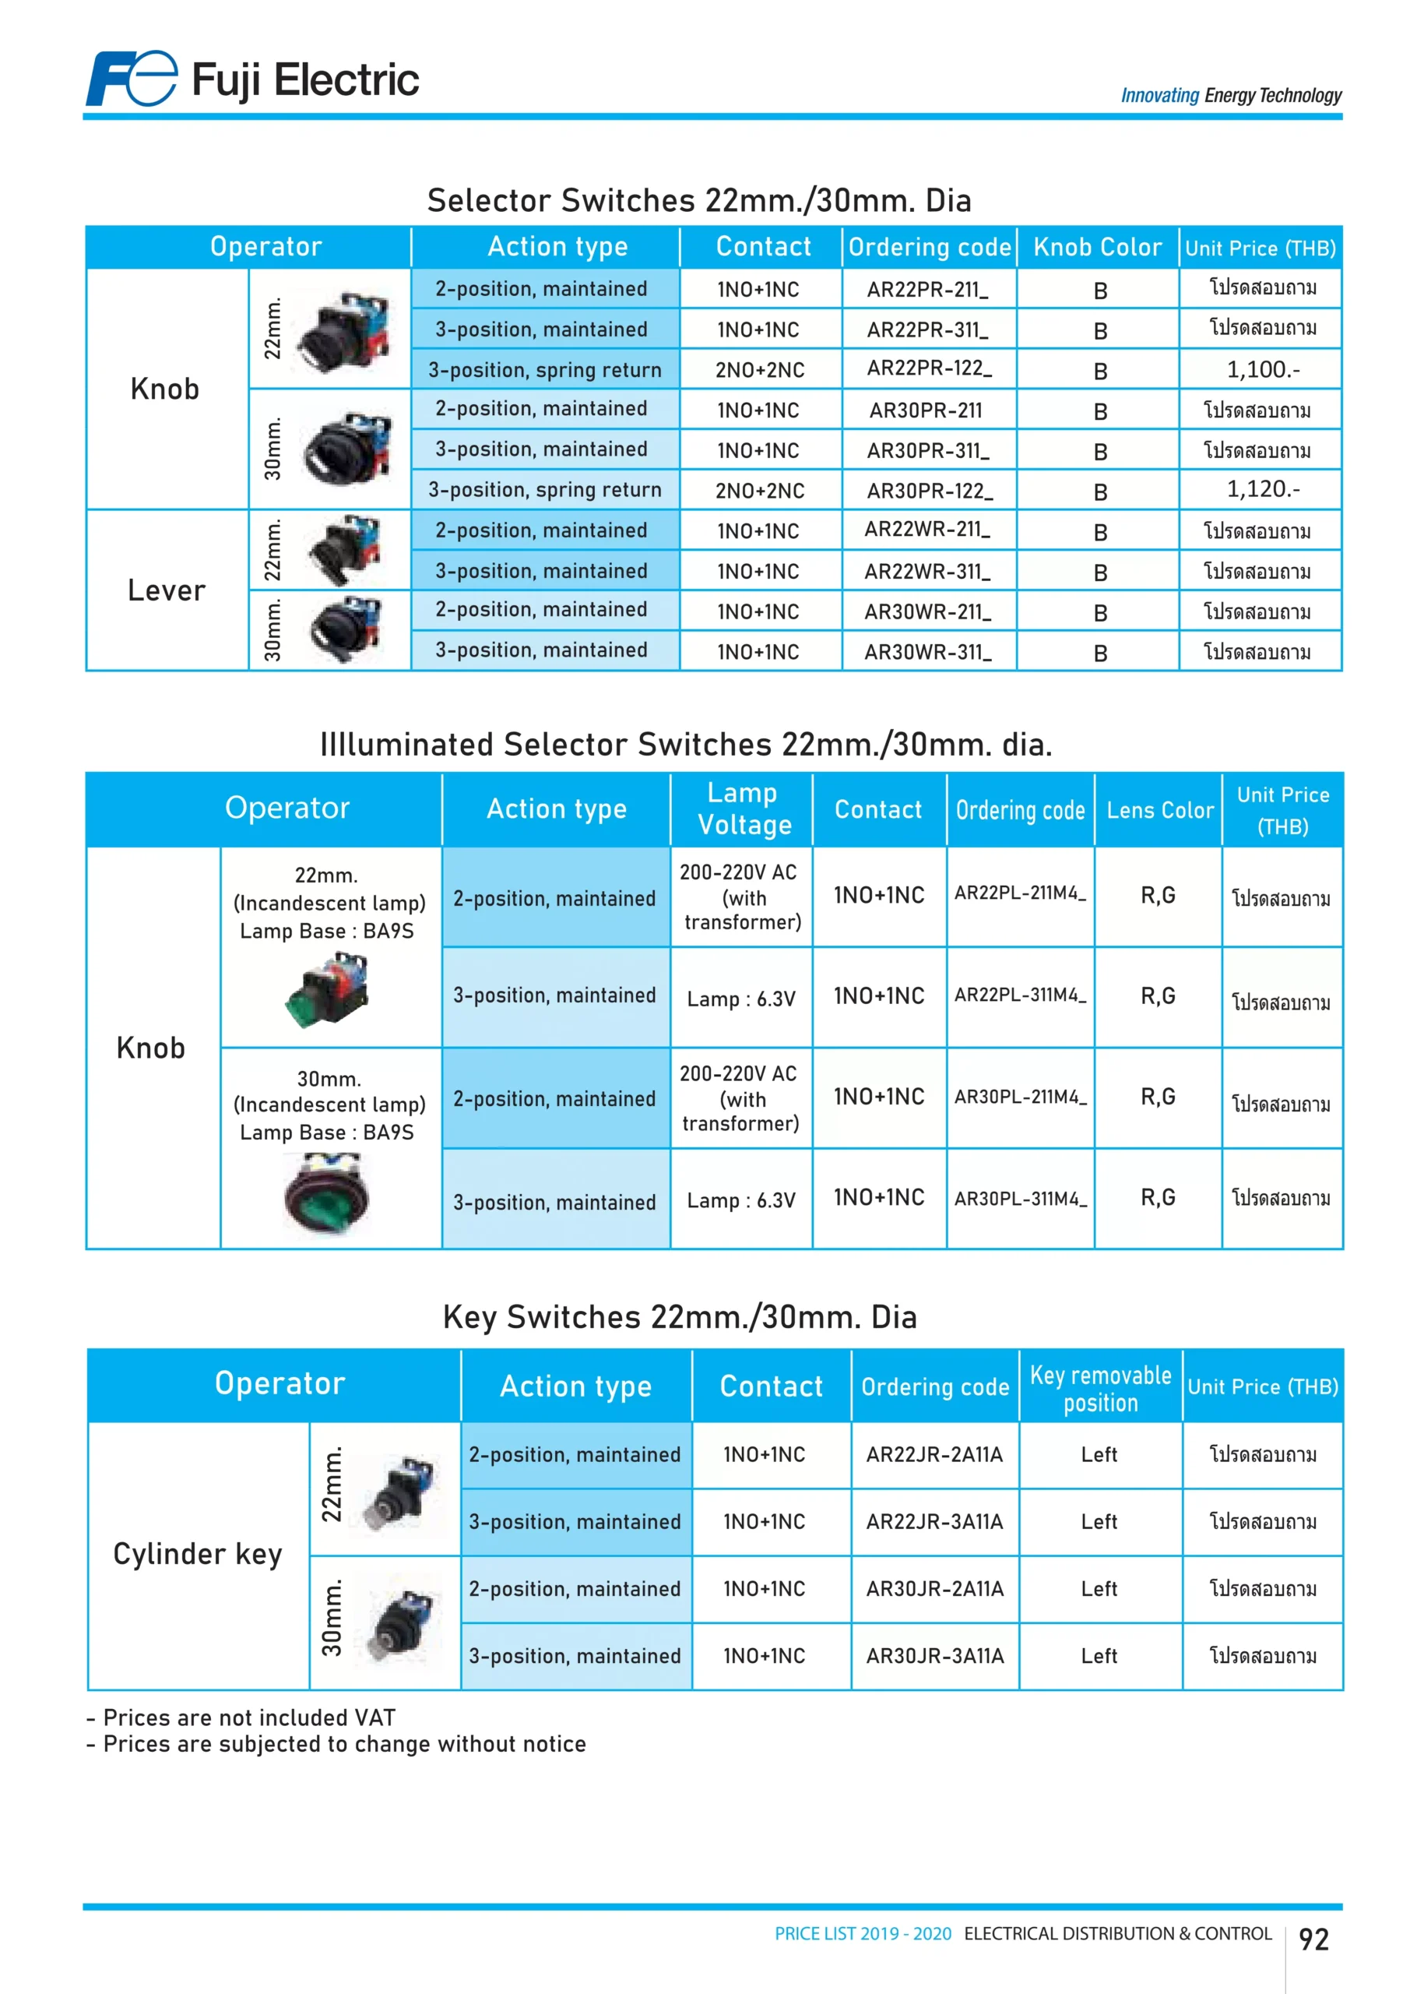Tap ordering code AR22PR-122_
[929, 369]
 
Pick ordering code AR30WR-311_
[927, 652]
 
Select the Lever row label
[166, 590]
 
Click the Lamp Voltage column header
[744, 809]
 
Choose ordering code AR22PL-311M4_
[1020, 995]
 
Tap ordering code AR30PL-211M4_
[1020, 1097]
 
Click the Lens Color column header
[1159, 810]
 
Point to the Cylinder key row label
[198, 1555]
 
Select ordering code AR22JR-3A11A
[934, 1521]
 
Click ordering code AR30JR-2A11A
[934, 1589]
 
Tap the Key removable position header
[1100, 1388]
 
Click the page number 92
[1313, 1939]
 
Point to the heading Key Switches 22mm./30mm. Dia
[680, 1316]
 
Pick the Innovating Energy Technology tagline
[1230, 96]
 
